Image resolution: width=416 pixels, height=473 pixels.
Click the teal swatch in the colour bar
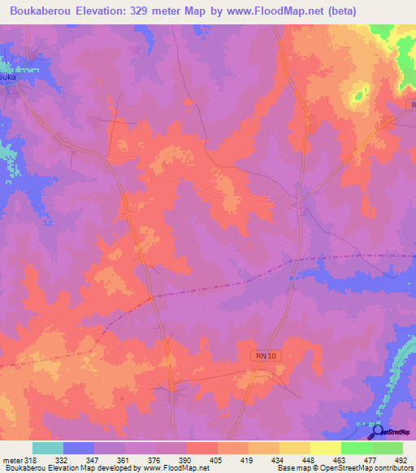(48, 449)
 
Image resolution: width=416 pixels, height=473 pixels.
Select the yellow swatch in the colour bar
(326, 449)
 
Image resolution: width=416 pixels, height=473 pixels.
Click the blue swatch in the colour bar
(79, 449)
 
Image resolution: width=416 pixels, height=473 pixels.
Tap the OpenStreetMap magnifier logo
(376, 431)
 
